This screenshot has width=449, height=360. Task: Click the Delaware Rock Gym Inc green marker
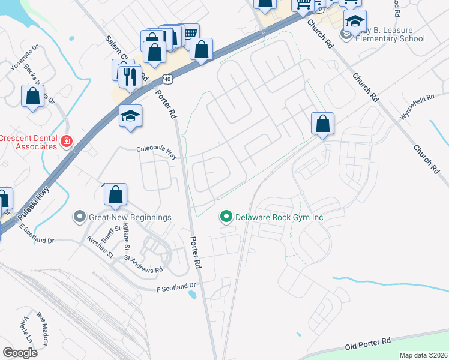(x=226, y=217)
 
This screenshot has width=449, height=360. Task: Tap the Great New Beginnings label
(x=130, y=217)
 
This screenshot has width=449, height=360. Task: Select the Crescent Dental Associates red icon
(x=67, y=142)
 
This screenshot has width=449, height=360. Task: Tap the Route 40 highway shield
(x=167, y=79)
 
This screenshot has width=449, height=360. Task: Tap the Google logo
(x=20, y=352)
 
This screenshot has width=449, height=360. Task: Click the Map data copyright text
(x=423, y=355)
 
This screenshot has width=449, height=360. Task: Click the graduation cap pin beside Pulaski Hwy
(x=130, y=116)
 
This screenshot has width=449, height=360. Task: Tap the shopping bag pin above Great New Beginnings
(x=115, y=194)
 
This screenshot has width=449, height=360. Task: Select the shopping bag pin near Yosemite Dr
(x=32, y=96)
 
